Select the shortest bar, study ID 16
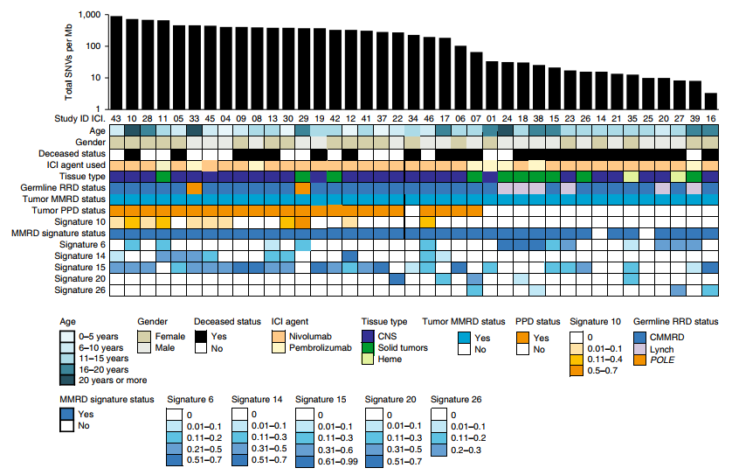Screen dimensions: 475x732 pyautogui.click(x=710, y=100)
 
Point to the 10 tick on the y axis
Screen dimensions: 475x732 pyautogui.click(x=96, y=78)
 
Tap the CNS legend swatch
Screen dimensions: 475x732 pyautogui.click(x=368, y=335)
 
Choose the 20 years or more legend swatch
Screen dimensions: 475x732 pyautogui.click(x=67, y=380)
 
